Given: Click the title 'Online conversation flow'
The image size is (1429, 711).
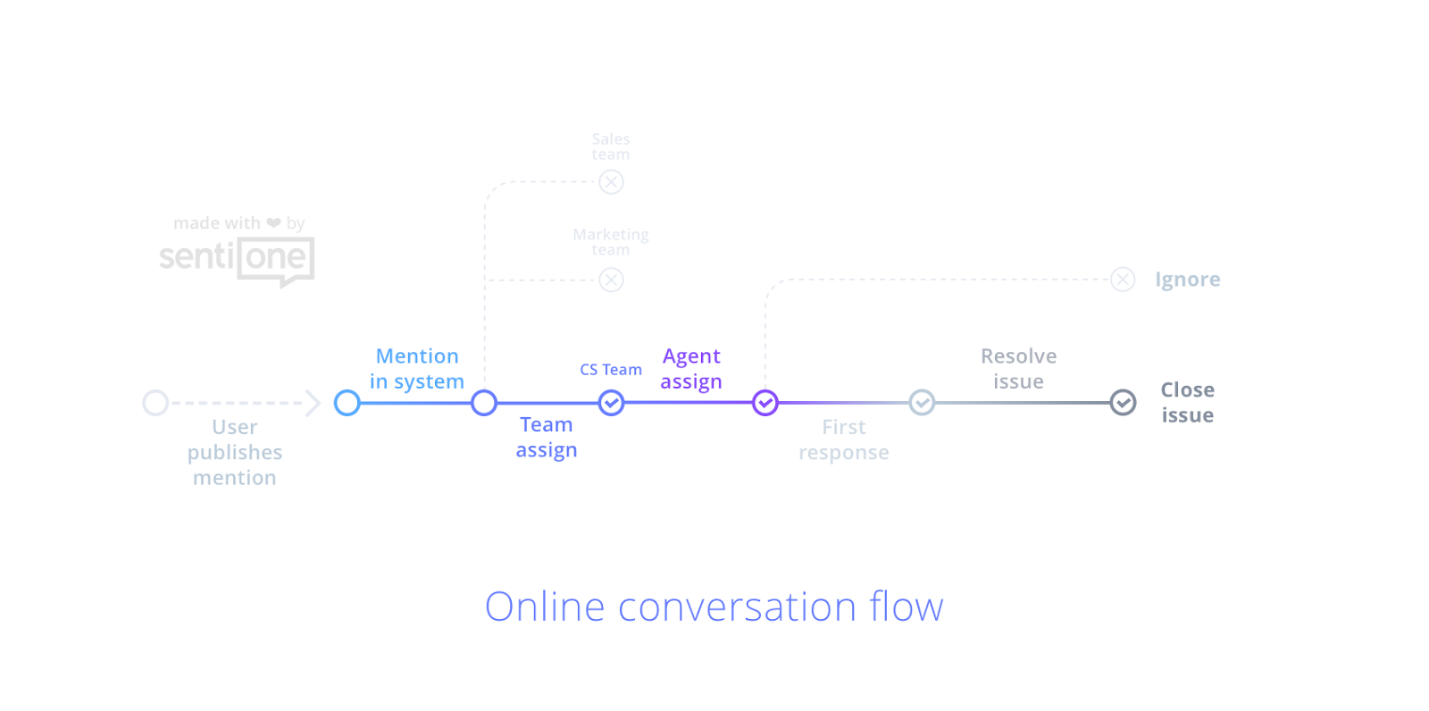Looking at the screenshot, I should click(x=714, y=607).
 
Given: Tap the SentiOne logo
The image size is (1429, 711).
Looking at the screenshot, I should click(x=237, y=260).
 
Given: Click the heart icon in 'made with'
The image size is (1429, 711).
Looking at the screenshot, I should click(x=273, y=222).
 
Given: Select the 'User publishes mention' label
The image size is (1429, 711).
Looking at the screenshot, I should click(x=235, y=452).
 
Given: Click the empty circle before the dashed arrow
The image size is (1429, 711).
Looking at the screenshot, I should click(x=155, y=403).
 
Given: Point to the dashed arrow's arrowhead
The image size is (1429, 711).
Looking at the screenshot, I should click(x=313, y=403).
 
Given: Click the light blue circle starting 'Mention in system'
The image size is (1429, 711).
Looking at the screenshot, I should click(x=347, y=403).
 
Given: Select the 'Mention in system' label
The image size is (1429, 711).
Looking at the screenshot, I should click(x=417, y=369).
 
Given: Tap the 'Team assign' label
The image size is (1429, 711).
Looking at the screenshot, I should click(x=547, y=437).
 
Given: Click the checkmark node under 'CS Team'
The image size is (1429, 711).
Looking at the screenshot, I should click(x=611, y=404).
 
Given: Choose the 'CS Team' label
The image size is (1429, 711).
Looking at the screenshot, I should click(x=611, y=370).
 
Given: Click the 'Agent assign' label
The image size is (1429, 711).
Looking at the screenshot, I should click(x=691, y=369).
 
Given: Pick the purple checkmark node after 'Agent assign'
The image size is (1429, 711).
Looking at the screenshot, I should click(x=765, y=403).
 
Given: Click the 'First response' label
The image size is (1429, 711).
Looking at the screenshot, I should click(x=844, y=439).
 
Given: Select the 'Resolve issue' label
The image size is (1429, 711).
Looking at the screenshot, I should click(x=1018, y=369).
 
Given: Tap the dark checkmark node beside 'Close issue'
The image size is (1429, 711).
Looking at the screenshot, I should click(x=1123, y=403).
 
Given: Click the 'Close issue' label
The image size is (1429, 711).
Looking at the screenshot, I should click(x=1187, y=403).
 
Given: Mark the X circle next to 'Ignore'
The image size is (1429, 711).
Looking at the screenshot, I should click(x=1123, y=280).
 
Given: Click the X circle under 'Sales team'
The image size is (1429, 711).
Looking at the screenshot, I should click(x=611, y=182).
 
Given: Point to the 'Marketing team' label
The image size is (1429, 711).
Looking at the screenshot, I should click(x=611, y=242).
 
